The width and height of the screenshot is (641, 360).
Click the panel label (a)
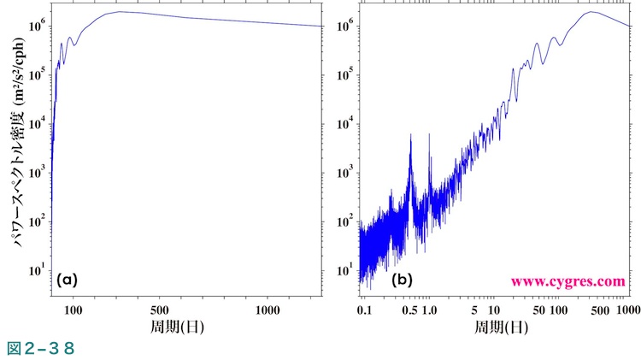pyautogui.click(x=68, y=280)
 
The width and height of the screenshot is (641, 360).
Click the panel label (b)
pyautogui.click(x=403, y=280)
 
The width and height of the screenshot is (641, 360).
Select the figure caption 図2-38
pyautogui.click(x=42, y=348)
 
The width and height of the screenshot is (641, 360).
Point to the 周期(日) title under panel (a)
pyautogui.click(x=187, y=326)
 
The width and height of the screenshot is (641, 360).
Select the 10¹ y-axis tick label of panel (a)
pyautogui.click(x=37, y=270)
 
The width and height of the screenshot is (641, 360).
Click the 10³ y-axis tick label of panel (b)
pyautogui.click(x=345, y=173)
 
